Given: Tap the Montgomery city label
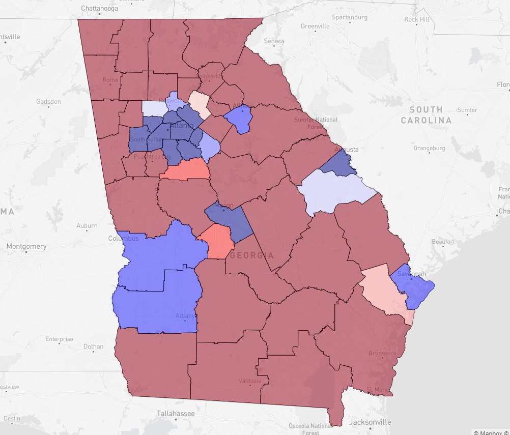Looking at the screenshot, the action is click(x=26, y=246).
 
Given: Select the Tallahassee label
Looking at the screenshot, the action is click(x=176, y=414).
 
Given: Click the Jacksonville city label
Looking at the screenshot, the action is click(x=370, y=422).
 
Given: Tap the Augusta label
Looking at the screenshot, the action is click(x=347, y=150).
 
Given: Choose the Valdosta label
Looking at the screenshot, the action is click(x=249, y=381).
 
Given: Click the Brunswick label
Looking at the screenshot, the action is click(x=382, y=353).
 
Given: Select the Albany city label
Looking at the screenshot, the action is click(x=185, y=315).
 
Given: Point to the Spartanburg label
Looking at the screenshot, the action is click(x=349, y=17).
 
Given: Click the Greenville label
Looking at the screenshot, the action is click(x=315, y=26).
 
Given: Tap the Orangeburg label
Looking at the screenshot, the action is click(x=429, y=149).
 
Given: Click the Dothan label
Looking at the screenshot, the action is click(x=93, y=346).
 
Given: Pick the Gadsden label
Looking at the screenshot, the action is click(x=48, y=101).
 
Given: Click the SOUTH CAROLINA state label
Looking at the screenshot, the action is click(x=426, y=115).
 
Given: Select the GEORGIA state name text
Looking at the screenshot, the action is click(x=251, y=255).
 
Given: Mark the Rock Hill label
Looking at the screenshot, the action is click(x=417, y=19).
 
